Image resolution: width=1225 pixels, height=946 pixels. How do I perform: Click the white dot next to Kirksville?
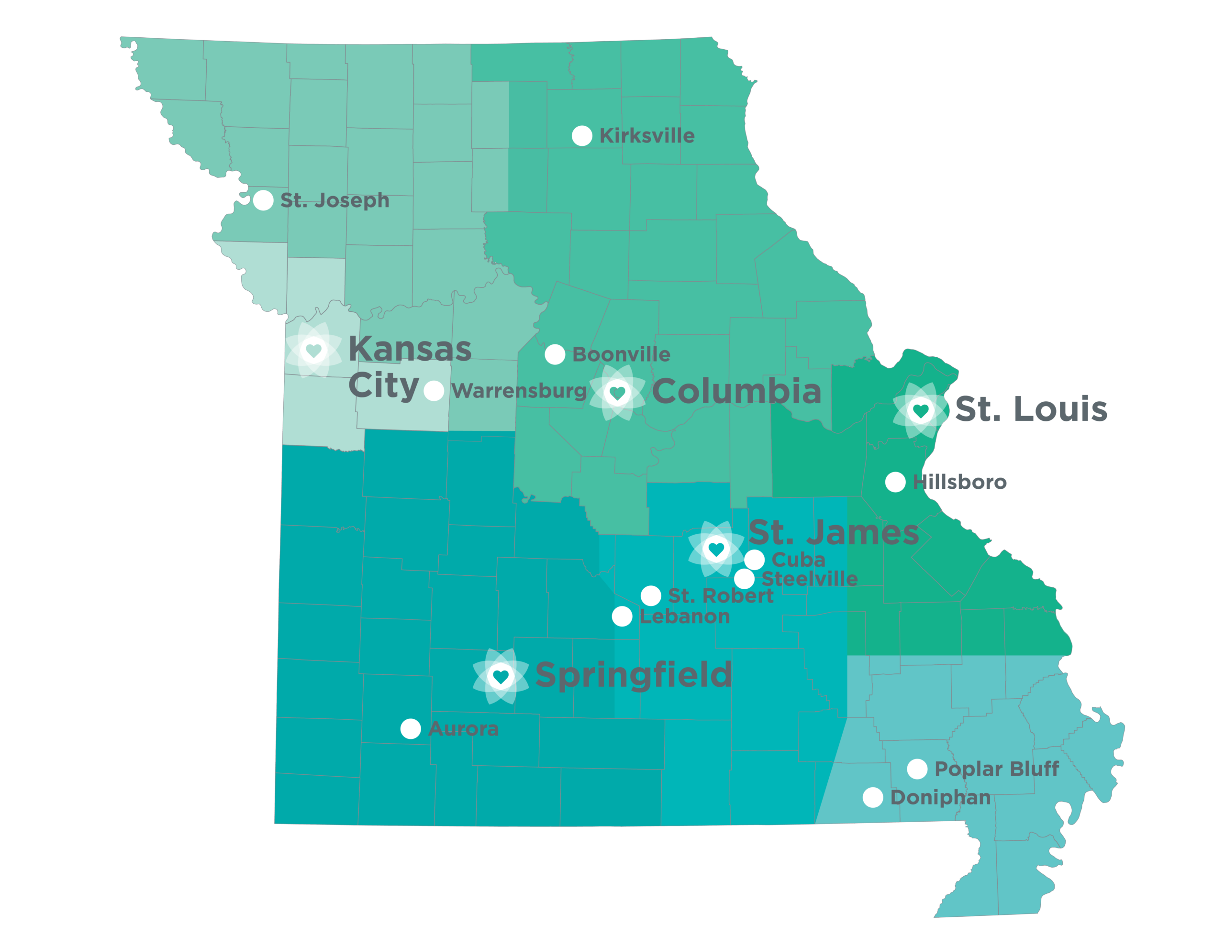[582, 136]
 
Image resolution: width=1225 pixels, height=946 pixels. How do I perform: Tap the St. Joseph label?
[334, 200]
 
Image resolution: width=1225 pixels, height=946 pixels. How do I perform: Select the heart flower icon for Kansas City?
[313, 351]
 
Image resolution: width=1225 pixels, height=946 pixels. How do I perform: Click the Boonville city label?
[621, 354]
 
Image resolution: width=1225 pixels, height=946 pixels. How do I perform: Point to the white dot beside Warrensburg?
[434, 391]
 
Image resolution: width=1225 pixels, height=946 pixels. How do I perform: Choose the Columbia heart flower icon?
[617, 393]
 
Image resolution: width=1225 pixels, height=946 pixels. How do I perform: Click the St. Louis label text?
[1031, 409]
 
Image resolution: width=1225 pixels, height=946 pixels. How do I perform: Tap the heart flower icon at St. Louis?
[921, 410]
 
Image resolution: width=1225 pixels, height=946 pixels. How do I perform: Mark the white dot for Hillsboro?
[895, 482]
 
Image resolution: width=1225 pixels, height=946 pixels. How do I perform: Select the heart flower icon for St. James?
[716, 549]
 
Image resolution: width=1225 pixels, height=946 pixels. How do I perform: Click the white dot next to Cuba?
[755, 559]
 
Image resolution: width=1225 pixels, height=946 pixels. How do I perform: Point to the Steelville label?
[809, 578]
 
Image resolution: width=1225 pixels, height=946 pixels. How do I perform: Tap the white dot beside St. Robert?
[651, 595]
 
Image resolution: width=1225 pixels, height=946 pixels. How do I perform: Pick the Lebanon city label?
[684, 616]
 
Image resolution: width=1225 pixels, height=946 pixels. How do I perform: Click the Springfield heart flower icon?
[501, 676]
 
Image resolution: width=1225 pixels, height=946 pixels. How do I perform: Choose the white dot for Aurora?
[411, 729]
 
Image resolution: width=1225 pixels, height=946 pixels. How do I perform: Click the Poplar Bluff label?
[996, 769]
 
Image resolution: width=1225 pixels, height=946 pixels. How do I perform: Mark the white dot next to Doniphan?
[873, 797]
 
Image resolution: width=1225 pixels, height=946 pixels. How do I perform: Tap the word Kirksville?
[647, 136]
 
